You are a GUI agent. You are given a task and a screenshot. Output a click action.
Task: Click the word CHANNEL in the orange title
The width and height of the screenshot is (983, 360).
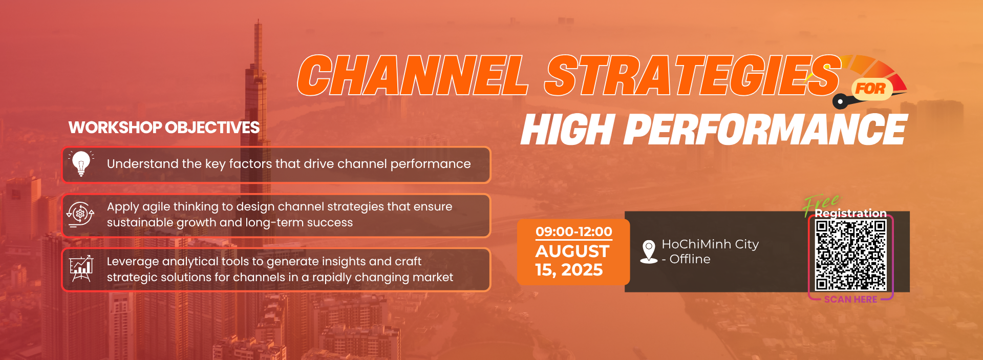(413, 75)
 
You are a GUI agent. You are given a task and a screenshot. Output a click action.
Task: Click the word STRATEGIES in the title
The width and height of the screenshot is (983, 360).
(693, 75)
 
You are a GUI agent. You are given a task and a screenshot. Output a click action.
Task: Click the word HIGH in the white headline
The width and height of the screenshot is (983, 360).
(568, 130)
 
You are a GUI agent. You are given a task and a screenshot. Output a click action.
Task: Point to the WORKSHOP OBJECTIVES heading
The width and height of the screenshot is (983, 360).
(164, 128)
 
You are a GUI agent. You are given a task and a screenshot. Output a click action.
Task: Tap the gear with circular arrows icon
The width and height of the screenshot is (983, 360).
(80, 214)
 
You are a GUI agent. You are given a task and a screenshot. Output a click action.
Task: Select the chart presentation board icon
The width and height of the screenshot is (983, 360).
(81, 268)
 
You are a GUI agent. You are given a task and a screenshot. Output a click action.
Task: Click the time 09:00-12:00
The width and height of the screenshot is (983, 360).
(574, 231)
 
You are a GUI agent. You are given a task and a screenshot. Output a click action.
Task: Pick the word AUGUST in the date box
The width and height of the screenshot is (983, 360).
(572, 251)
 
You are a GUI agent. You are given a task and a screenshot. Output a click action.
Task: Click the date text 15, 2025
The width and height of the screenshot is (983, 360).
(569, 270)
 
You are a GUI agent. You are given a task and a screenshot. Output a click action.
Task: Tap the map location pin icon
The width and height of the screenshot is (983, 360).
(649, 251)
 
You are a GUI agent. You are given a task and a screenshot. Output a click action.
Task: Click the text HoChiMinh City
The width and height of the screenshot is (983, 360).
(710, 244)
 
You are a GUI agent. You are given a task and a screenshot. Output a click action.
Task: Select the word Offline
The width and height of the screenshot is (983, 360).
(690, 259)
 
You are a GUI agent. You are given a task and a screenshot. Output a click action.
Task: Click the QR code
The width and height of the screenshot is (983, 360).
(850, 255)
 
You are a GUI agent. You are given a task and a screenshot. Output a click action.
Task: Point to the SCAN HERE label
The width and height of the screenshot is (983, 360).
(850, 300)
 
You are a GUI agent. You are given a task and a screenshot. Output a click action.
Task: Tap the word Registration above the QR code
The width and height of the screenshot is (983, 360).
(850, 214)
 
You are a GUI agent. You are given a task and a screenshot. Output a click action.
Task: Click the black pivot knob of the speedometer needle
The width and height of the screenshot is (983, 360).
(840, 101)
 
